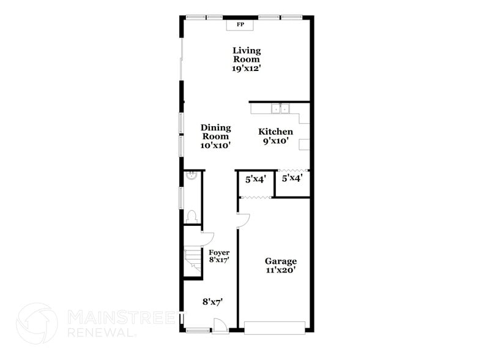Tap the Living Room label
point(247,54)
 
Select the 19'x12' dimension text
point(247,69)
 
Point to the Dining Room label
point(216,132)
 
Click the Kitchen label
point(275,132)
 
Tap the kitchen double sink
point(280,109)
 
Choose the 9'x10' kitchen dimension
point(275,141)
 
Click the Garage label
point(281,261)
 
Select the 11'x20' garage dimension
point(281,270)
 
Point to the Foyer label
point(219,252)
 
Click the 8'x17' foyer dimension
point(219,260)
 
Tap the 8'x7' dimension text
point(212,301)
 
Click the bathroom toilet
point(192,216)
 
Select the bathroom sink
point(190,176)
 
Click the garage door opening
point(274,327)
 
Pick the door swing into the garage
point(243,220)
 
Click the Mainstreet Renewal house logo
point(37,323)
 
